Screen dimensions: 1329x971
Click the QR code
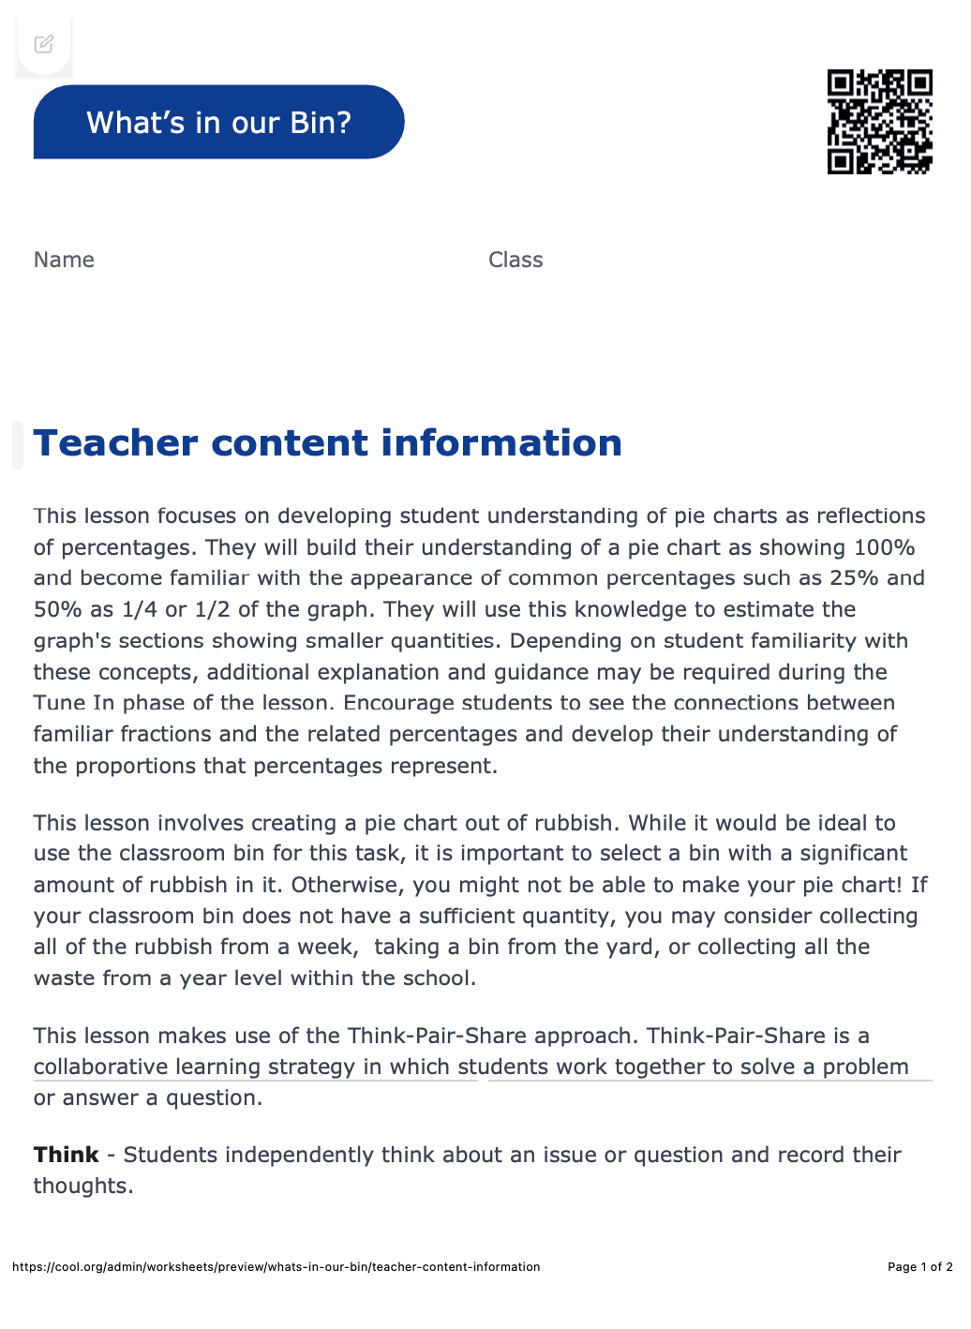coord(879,122)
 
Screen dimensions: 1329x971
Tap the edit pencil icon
coord(44,44)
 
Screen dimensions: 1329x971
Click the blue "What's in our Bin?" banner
coord(218,122)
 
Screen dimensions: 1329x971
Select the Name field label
coord(64,260)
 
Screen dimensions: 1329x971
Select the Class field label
coord(515,260)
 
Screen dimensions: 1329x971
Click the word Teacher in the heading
coord(115,443)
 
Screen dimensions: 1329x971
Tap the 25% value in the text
coord(854,578)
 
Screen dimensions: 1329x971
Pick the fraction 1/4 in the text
coord(140,609)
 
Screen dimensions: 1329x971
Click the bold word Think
coord(66,1155)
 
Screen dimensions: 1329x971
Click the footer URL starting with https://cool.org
coord(276,1267)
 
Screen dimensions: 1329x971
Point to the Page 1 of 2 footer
coord(919,1267)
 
